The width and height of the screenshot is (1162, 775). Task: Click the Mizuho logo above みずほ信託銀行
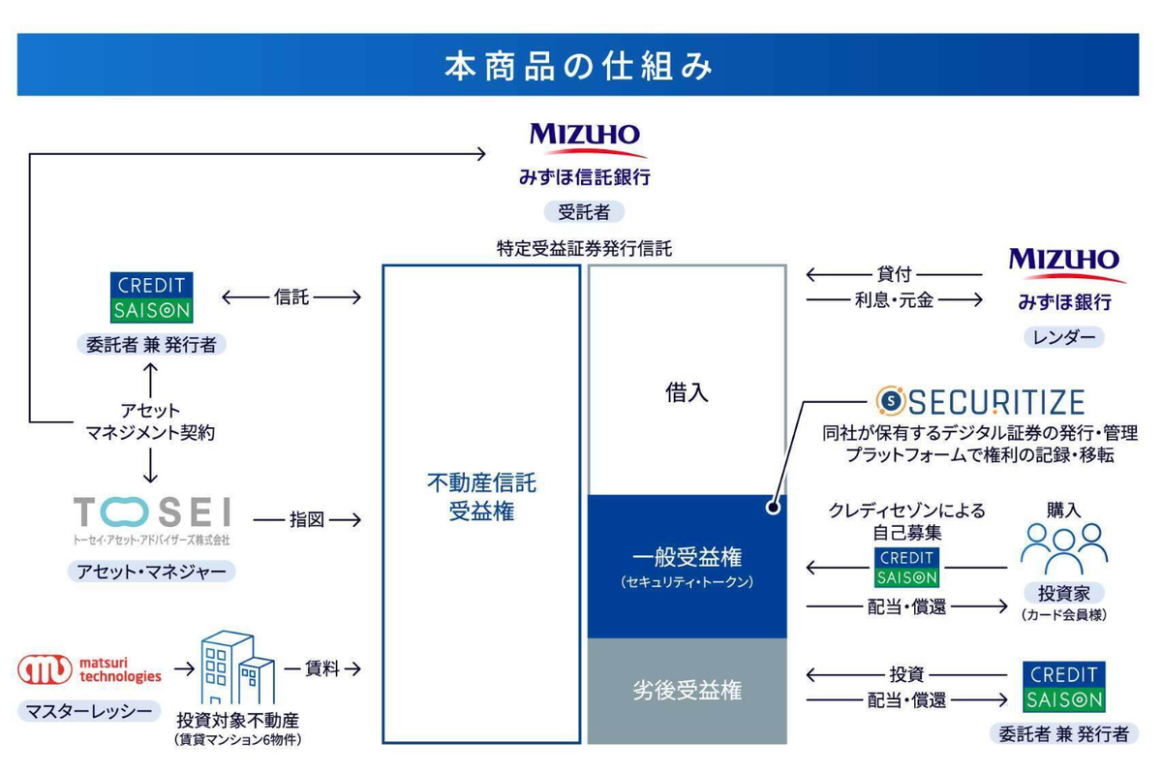coord(584,138)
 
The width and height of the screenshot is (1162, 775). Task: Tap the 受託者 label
coord(583,211)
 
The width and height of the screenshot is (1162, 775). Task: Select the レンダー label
coord(1063,337)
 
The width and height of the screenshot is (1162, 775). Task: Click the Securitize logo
coord(979,401)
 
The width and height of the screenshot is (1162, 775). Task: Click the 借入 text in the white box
coord(687,392)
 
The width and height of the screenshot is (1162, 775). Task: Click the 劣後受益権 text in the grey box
coord(687,691)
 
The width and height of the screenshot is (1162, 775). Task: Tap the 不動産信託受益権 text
coord(480,497)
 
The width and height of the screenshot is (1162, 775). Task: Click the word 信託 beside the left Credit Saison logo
coord(291,296)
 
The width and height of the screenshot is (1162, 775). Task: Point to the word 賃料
coord(322,668)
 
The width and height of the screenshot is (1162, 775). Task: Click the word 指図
coord(307,520)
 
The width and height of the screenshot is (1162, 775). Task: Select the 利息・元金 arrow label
coord(895,300)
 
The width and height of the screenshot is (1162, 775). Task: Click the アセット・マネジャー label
coord(152,572)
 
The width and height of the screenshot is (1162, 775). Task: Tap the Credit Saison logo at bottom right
coord(1063,687)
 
